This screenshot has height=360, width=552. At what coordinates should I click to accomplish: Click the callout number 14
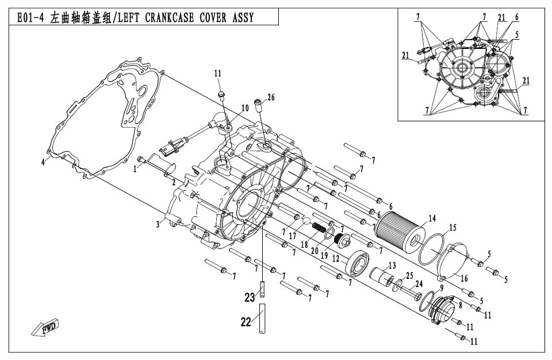(432, 218)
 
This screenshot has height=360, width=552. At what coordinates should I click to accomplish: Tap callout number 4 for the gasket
(43, 162)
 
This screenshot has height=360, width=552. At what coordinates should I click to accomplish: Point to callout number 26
(271, 97)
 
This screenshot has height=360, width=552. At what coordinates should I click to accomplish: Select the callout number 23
(249, 297)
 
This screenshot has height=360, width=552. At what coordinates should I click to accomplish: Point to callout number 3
(156, 224)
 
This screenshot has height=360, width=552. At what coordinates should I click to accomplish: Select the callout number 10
(244, 108)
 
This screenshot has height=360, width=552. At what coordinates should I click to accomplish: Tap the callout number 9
(442, 288)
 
